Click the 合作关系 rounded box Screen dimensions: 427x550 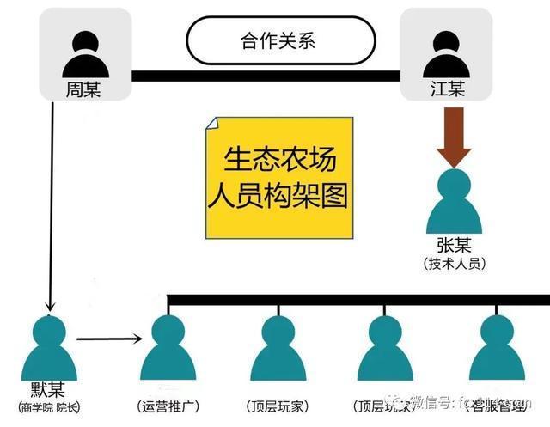(x=281, y=41)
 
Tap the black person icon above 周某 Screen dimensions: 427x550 (x=83, y=56)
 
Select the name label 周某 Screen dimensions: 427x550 (x=83, y=89)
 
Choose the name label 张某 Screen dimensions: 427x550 (x=455, y=245)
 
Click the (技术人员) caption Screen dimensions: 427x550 (x=455, y=264)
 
